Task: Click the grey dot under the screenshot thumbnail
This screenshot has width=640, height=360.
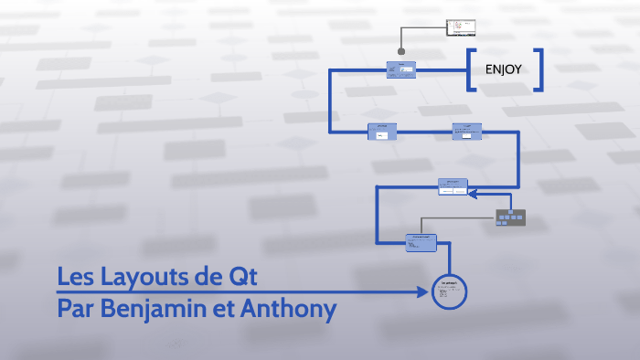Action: tap(400, 51)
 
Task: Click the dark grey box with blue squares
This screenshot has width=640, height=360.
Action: tap(510, 217)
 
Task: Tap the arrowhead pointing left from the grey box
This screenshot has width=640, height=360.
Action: tap(473, 193)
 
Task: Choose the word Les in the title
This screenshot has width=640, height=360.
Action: tap(76, 276)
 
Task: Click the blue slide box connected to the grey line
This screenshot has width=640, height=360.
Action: tap(421, 241)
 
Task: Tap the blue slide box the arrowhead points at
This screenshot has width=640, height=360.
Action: tap(453, 187)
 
